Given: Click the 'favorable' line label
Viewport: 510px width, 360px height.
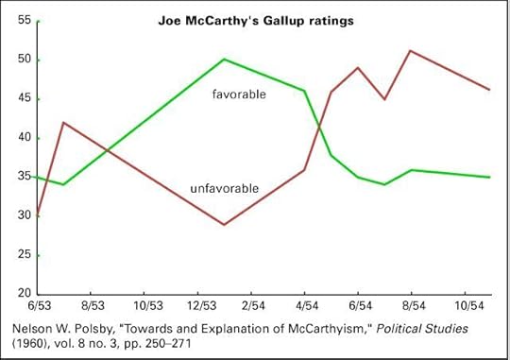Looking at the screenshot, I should (238, 94).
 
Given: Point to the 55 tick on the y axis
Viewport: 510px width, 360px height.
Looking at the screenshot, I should (24, 20).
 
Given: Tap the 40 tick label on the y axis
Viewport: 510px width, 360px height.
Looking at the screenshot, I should (24, 138).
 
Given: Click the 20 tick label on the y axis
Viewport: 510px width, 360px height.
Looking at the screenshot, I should (24, 294).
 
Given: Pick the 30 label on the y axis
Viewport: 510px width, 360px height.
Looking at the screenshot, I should (24, 215).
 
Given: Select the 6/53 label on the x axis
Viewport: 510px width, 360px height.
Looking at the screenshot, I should (39, 308).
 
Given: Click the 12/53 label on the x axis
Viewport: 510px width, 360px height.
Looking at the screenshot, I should (200, 308).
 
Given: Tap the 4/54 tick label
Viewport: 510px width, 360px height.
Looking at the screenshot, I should (307, 308).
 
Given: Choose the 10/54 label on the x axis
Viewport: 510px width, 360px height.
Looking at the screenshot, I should (468, 308).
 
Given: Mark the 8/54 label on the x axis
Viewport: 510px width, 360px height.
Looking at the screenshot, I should (415, 308).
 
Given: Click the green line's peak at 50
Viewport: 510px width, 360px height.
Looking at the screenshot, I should (224, 59).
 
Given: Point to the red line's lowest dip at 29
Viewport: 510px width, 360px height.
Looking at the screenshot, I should (224, 224).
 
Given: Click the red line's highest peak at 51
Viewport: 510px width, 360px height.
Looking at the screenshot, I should (411, 51).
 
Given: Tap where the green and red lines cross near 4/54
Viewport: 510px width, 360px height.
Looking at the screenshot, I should (321, 123).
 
